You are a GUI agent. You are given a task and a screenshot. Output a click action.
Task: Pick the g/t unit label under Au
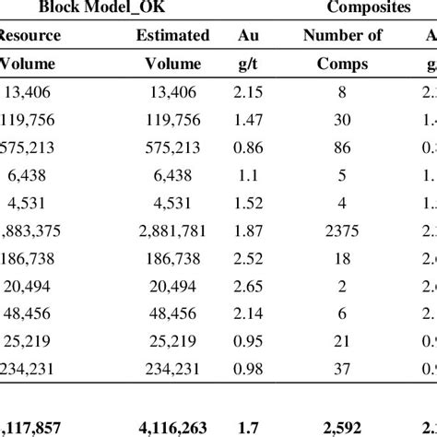246,65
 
